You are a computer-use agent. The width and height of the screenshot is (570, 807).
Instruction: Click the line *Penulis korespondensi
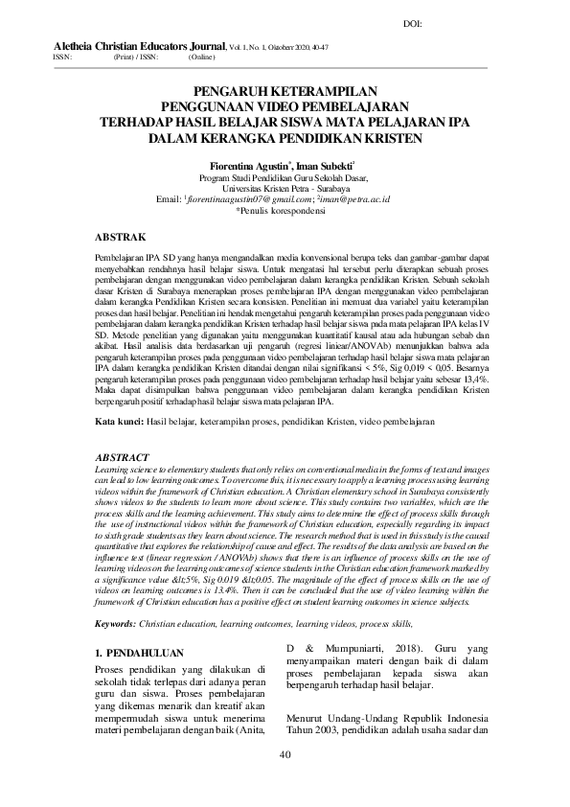(x=284, y=209)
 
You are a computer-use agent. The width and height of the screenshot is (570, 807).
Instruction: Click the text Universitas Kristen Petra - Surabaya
(x=285, y=188)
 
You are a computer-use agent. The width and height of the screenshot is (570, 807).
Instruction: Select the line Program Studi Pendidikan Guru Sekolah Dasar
(x=284, y=177)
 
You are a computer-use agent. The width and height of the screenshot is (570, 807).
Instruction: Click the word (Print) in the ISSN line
(x=124, y=57)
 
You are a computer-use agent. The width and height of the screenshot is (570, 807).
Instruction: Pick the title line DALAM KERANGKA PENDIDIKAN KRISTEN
(x=285, y=137)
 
